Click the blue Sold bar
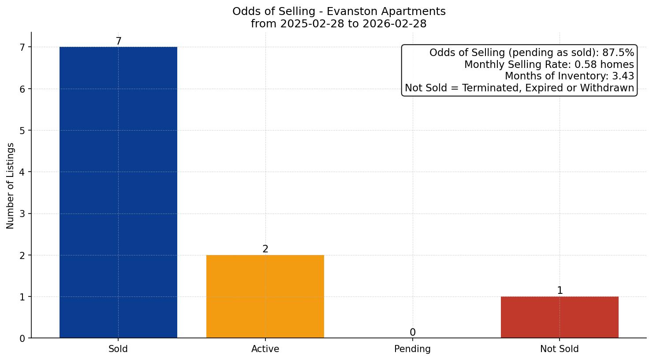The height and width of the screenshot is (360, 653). coord(118,192)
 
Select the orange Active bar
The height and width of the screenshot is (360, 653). coord(265,296)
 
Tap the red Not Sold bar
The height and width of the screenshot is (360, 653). coord(560,317)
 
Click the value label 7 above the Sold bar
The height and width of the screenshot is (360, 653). coord(118,41)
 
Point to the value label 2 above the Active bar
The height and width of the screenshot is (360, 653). coord(265,249)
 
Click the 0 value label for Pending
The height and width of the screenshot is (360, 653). coord(412,333)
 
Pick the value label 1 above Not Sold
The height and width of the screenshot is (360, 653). coord(560,291)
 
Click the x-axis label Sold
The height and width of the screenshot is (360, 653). coord(118,349)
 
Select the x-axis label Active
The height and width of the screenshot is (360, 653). coord(265,349)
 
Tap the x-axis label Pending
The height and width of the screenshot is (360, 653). coord(412,349)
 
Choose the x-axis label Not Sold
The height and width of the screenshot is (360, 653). coord(559,349)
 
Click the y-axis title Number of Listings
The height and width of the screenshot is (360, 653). coord(11,185)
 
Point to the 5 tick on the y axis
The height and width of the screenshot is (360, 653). coord(22,131)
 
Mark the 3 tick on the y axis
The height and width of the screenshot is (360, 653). coord(22,214)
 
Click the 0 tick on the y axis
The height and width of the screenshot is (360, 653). coord(22,338)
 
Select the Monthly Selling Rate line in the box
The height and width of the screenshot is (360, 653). coord(549,65)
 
